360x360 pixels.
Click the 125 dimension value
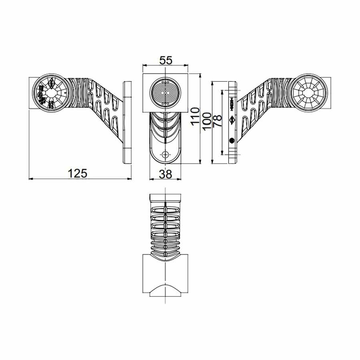pos(78,174)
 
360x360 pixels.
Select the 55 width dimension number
pos(166,60)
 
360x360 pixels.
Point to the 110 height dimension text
pos(195,116)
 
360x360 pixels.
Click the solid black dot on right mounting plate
pos(232,140)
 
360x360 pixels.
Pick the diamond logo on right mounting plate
pos(232,120)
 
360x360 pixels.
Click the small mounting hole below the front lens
pos(165,154)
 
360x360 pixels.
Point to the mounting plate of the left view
pos(127,122)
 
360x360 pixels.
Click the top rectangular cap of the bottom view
pos(165,198)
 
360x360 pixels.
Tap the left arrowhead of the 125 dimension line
pos(30,179)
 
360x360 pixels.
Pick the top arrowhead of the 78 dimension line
pos(222,92)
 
